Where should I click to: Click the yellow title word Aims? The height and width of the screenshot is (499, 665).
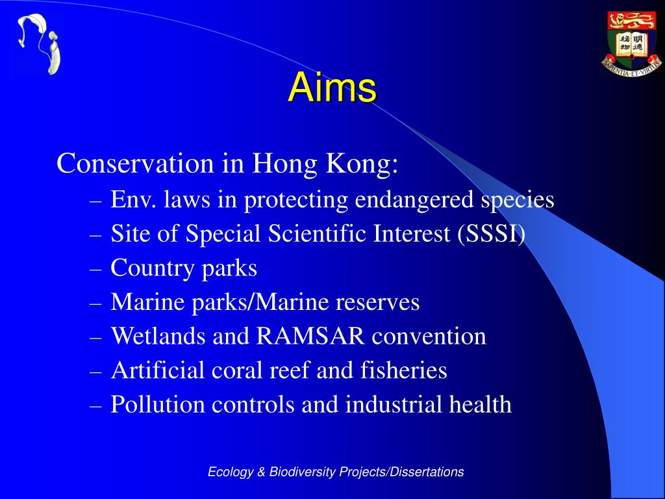(x=332, y=88)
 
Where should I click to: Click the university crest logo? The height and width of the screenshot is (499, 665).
(x=631, y=44)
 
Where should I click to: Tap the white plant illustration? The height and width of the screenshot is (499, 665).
(x=38, y=44)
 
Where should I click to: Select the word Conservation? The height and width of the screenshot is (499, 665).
(x=135, y=163)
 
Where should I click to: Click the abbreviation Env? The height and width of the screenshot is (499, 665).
(x=134, y=199)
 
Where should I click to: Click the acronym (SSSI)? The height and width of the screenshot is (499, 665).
(x=491, y=234)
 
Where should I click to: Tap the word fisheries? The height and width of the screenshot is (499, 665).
(x=403, y=370)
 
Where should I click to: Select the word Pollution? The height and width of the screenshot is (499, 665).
(x=158, y=403)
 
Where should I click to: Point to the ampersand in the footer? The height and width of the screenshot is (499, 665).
(x=261, y=472)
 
